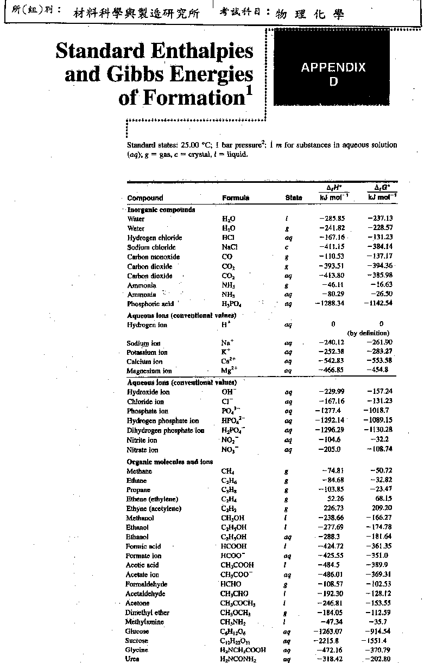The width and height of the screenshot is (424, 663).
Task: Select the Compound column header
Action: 145,198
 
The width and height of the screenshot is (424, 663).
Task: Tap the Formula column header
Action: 236,198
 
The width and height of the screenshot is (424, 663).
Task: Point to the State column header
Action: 293,198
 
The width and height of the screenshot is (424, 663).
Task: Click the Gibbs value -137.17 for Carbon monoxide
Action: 379,257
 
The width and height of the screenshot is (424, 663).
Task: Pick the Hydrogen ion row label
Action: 147,325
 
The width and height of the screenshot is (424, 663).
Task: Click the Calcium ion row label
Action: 144,361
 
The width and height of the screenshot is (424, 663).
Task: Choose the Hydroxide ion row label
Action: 148,392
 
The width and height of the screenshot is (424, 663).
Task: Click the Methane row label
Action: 140,471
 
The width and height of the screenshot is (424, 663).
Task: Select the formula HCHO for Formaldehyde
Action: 231,584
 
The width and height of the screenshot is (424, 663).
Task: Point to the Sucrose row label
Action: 138,641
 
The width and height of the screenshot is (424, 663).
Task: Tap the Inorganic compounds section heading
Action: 161,209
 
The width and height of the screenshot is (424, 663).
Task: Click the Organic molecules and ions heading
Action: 170,462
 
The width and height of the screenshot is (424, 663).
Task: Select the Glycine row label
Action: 137,650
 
